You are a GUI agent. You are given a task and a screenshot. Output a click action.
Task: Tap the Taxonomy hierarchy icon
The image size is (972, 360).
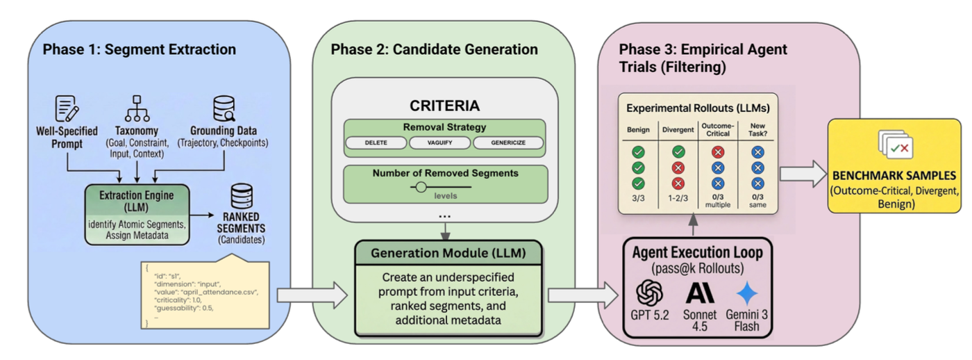click(x=137, y=108)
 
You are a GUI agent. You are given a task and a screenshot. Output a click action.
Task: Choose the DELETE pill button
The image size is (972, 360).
click(x=376, y=143)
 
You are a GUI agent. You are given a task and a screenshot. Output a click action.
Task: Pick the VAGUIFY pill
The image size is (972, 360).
click(x=439, y=143)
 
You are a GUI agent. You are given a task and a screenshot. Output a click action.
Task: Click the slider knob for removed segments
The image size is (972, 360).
click(x=421, y=186)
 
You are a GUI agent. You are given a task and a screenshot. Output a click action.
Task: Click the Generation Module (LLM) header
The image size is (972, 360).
click(x=448, y=253)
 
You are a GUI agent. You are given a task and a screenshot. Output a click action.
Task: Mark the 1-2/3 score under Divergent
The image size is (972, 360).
click(x=678, y=199)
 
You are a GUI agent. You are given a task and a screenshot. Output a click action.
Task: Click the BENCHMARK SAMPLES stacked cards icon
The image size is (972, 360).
click(x=896, y=145)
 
